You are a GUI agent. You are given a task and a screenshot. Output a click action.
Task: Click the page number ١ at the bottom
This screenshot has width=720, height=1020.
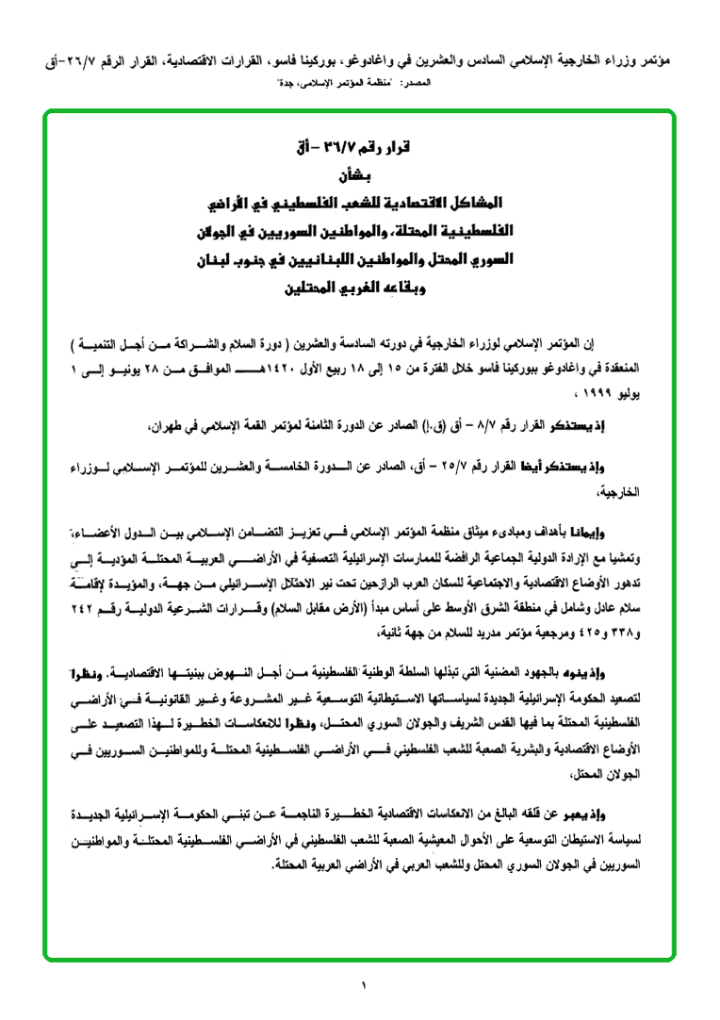point(360,986)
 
